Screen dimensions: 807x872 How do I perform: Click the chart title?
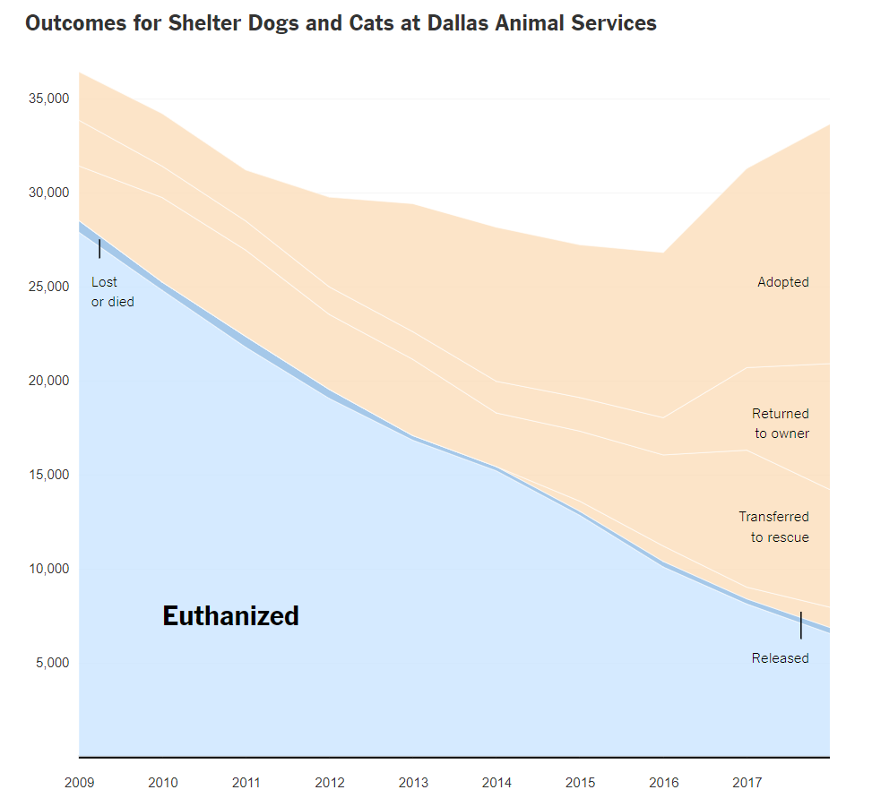click(x=341, y=23)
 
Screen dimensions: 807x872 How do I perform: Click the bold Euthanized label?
click(x=230, y=616)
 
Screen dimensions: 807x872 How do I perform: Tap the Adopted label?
click(x=782, y=282)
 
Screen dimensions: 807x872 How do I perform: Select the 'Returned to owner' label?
click(x=780, y=424)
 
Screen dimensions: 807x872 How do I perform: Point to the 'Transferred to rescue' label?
click(x=773, y=527)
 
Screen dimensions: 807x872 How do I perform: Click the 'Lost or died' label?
click(x=112, y=292)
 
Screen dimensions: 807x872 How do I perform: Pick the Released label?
click(x=780, y=658)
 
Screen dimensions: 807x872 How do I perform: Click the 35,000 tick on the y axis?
click(x=49, y=99)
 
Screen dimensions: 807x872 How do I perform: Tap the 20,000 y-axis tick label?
click(x=49, y=381)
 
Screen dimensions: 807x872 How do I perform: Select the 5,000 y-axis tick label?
click(x=52, y=663)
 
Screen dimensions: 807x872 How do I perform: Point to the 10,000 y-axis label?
click(x=49, y=569)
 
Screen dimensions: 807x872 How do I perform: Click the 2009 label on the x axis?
click(x=79, y=783)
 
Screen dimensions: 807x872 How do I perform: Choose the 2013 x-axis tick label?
click(x=413, y=783)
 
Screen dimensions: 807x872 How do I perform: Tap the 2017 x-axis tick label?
click(x=747, y=783)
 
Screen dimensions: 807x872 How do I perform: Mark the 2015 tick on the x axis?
click(x=580, y=783)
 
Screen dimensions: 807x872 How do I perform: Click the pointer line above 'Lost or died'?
click(x=99, y=249)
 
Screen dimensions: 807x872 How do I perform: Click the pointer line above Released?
click(x=800, y=625)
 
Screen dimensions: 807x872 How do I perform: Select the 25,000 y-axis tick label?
click(x=49, y=287)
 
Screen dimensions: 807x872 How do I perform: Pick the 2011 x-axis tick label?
click(x=246, y=783)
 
